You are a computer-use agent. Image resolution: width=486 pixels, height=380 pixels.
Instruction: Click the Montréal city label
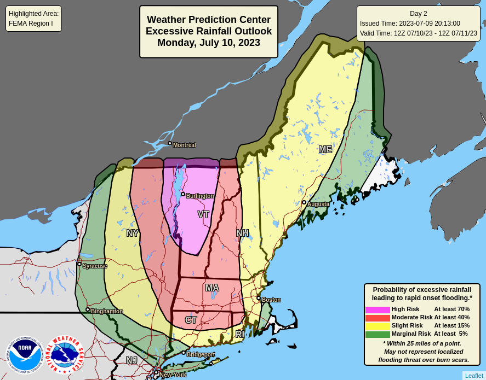184,145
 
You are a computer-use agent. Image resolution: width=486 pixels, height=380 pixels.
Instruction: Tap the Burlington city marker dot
183,194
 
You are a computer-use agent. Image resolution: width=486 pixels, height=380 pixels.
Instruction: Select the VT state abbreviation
203,215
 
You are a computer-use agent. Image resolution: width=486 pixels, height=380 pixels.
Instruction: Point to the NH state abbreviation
242,233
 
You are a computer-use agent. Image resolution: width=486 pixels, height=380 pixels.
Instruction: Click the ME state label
325,150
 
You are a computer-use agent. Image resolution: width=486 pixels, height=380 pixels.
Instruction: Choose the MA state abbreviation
212,288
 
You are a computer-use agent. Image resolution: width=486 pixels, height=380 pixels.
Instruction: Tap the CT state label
191,320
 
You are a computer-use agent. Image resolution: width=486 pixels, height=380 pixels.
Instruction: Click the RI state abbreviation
239,334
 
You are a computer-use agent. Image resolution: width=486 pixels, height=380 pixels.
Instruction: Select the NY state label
133,233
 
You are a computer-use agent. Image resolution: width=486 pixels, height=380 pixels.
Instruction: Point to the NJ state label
131,361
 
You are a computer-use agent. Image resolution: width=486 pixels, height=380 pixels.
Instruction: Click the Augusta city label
318,204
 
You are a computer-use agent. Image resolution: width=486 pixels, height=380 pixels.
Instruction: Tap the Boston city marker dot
259,298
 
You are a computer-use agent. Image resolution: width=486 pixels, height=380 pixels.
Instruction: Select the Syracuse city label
95,266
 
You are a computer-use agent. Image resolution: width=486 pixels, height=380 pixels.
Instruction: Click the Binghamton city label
107,312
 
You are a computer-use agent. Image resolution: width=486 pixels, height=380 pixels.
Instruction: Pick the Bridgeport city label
201,355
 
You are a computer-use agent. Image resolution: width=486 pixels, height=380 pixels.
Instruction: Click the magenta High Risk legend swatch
378,309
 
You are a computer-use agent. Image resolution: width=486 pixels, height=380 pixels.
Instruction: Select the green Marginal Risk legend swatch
378,334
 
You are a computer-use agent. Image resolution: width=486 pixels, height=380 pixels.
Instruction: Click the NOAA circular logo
25,355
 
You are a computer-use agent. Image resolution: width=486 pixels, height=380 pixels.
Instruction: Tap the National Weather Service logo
64,355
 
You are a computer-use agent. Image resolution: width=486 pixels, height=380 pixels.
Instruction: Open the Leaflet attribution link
474,376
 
